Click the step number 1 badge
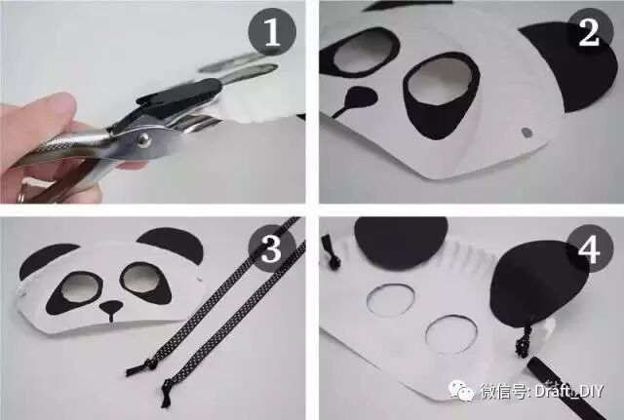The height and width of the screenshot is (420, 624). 272,31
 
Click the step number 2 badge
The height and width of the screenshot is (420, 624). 589,32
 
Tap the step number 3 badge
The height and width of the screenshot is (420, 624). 272,248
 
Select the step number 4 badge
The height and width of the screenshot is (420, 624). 589,249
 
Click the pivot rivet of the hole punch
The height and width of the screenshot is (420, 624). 143,138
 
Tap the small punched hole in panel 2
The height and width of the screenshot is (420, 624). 526,133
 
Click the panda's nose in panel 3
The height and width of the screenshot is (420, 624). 111,307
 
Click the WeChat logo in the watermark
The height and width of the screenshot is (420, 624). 461,390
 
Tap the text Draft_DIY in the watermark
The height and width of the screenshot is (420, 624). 569,391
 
